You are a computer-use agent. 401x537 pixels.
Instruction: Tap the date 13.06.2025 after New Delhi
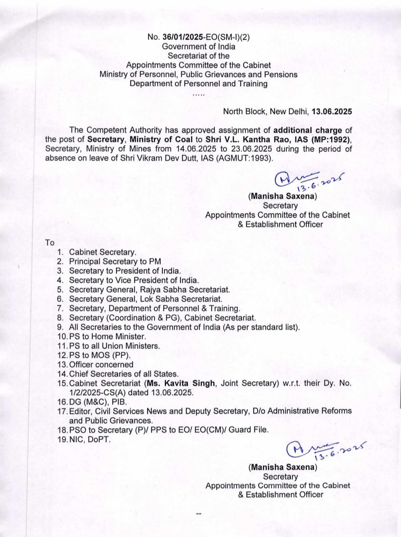pyautogui.click(x=332, y=111)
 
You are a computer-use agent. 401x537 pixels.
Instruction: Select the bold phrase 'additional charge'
pyautogui.click(x=307, y=130)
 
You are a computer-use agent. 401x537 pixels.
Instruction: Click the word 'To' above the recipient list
pyautogui.click(x=50, y=243)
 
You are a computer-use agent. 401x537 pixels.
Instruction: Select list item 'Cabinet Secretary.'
pyautogui.click(x=102, y=253)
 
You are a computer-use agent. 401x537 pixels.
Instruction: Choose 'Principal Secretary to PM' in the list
pyautogui.click(x=115, y=262)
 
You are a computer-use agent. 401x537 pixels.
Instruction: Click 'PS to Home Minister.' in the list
pyautogui.click(x=107, y=336)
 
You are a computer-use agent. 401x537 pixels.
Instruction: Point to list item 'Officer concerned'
pyautogui.click(x=101, y=365)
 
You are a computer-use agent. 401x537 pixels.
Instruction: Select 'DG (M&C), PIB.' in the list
pyautogui.click(x=98, y=402)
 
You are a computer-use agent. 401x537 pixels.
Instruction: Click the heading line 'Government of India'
pyautogui.click(x=199, y=46)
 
